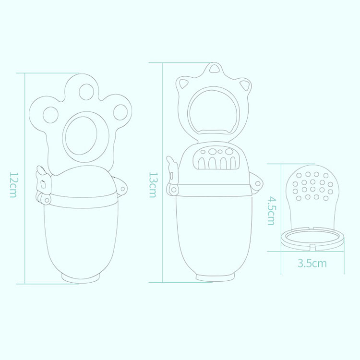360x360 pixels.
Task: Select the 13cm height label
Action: [x=152, y=184]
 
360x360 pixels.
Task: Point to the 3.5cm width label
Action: [x=312, y=263]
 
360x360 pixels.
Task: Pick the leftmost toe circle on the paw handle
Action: [x=50, y=114]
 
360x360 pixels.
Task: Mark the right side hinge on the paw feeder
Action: [x=123, y=188]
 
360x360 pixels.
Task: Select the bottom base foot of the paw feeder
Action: [x=82, y=278]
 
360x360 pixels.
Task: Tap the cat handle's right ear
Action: [x=245, y=86]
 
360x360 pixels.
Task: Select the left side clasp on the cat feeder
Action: [x=172, y=176]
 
